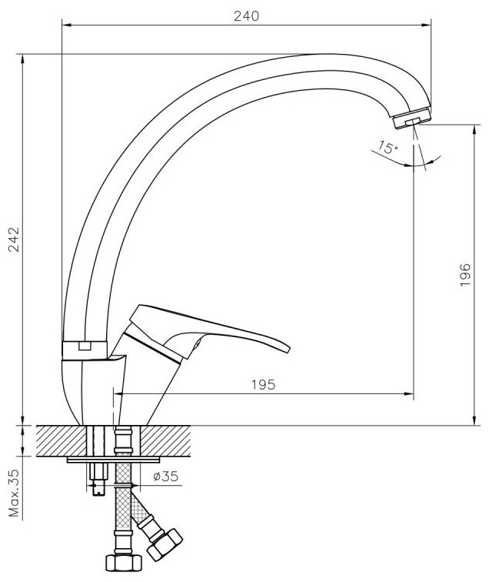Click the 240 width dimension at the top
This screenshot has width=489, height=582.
click(245, 15)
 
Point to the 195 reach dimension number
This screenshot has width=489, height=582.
click(261, 384)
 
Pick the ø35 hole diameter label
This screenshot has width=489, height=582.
click(165, 477)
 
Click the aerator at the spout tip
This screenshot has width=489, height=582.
click(412, 119)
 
